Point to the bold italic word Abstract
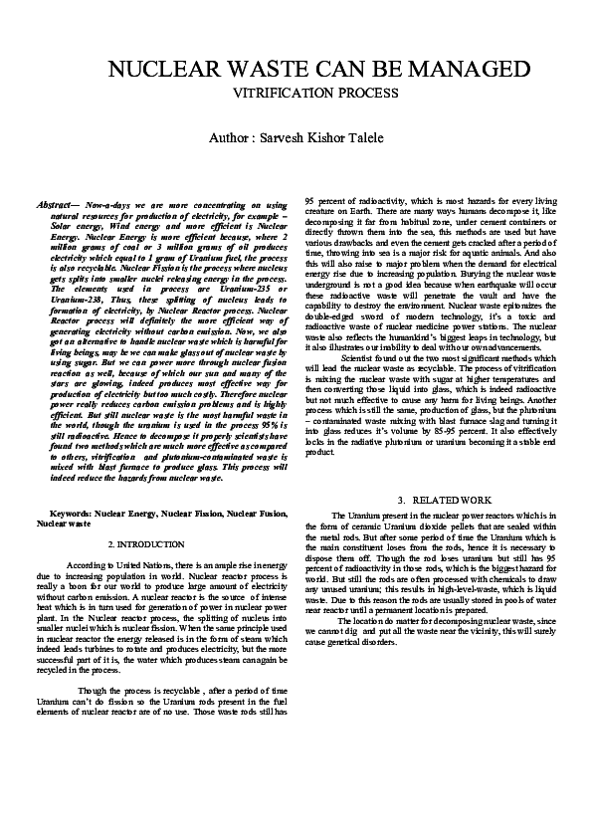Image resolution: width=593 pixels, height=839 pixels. click(57, 203)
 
